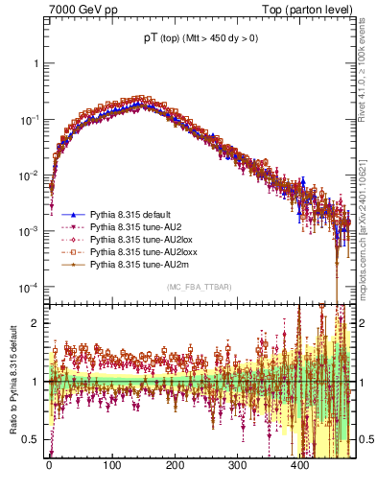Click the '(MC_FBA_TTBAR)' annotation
(x=199, y=287)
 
